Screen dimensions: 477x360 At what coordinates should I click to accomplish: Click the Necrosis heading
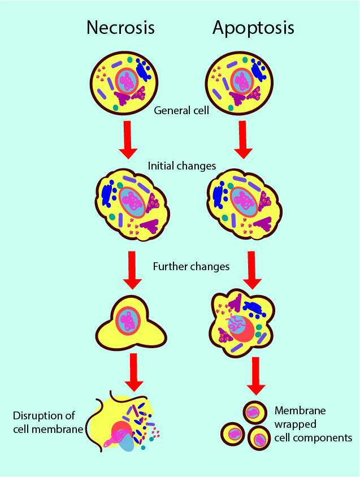(120, 28)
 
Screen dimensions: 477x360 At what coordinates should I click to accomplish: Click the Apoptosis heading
(254, 28)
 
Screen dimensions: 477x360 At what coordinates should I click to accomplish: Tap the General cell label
(181, 110)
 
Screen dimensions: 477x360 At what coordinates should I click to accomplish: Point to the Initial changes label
(182, 166)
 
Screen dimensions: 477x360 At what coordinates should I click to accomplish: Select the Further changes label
(191, 266)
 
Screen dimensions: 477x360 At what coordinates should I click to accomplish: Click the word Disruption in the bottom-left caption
(37, 417)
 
